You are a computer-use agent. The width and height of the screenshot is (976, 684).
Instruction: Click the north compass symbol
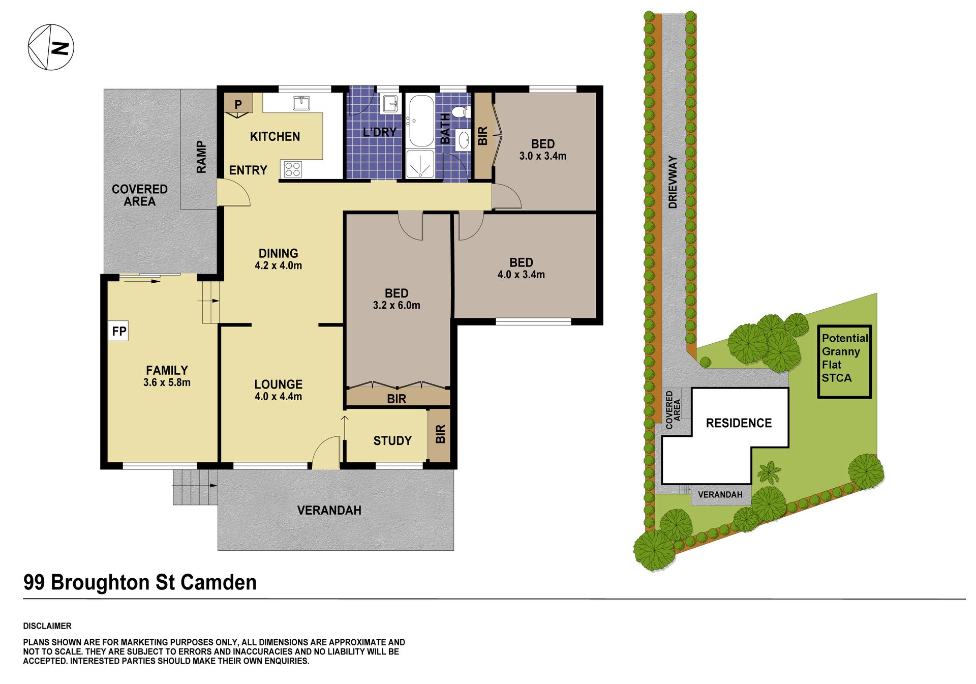tap(51, 47)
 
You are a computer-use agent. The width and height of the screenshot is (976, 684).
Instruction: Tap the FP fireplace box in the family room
tap(118, 331)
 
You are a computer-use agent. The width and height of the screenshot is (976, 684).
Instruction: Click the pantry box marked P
tap(238, 104)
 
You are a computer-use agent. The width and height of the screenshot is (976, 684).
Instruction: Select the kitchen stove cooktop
tap(292, 169)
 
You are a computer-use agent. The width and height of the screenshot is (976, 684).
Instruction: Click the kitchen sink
tap(301, 103)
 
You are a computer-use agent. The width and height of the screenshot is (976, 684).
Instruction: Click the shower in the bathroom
tap(420, 164)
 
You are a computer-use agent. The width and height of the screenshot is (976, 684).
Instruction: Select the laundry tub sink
tap(390, 104)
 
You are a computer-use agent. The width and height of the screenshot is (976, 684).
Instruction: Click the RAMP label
tap(201, 157)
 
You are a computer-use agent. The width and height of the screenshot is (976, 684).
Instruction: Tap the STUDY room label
tap(392, 440)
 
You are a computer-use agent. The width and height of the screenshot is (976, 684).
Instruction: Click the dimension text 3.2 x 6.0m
tap(396, 305)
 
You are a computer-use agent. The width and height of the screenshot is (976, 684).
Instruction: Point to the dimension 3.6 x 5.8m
tap(167, 382)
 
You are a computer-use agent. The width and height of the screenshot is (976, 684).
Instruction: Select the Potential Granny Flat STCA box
tap(844, 361)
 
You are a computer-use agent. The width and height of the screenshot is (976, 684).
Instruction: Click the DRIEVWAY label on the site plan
tap(673, 182)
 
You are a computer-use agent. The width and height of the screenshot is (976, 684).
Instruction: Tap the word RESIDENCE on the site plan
tap(739, 423)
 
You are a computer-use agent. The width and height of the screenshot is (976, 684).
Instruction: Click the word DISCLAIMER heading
tap(47, 626)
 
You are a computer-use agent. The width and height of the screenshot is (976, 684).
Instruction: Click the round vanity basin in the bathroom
tap(464, 140)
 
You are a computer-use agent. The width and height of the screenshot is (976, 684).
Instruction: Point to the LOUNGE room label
tap(279, 384)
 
